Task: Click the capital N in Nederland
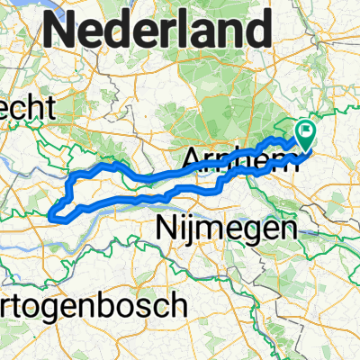point(61,32)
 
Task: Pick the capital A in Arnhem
point(191,159)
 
